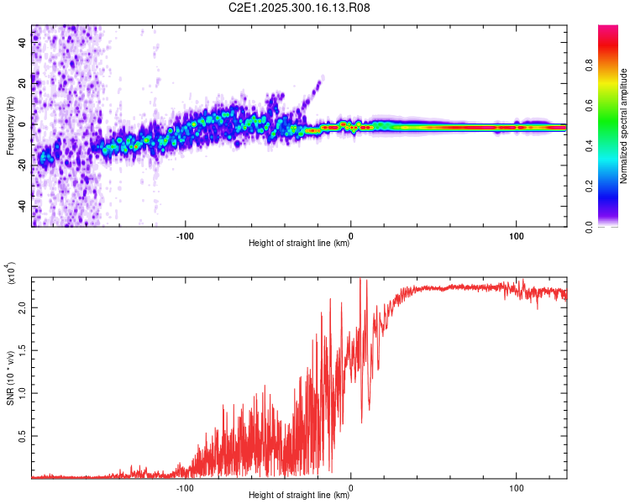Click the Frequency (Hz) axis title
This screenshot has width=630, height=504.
coord(10,126)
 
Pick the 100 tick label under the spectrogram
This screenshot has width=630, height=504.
coord(515,234)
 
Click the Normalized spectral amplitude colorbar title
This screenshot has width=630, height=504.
coord(624,126)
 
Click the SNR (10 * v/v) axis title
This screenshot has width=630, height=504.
coord(10,378)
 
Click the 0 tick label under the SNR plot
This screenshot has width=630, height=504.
coord(351,486)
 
